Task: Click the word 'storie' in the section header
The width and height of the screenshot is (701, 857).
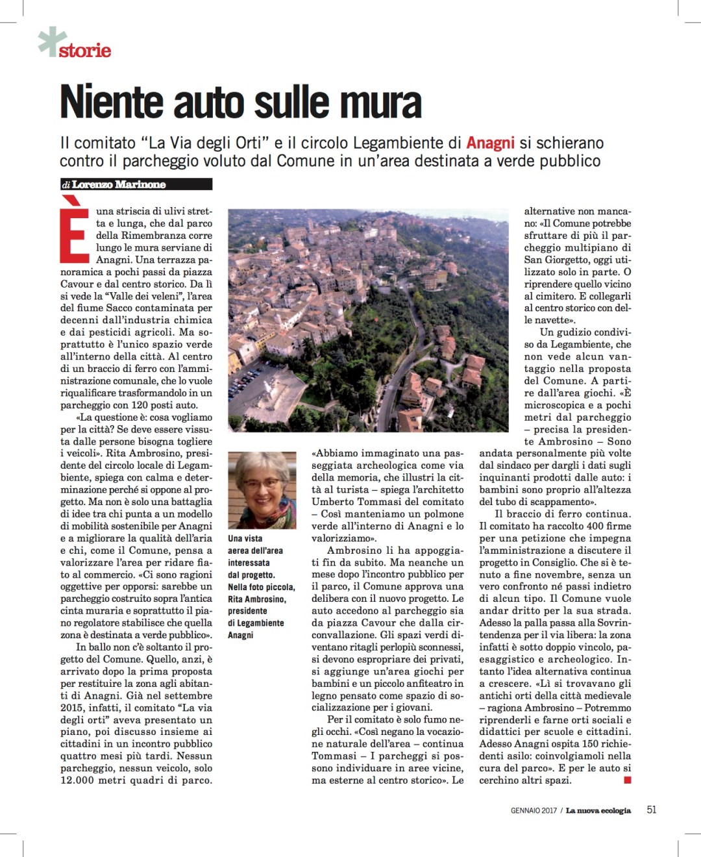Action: [85, 51]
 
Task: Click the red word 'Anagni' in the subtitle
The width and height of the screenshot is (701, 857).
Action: [490, 143]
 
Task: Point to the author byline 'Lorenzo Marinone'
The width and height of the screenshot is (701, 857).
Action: [119, 184]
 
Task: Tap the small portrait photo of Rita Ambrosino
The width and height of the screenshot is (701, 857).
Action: [262, 490]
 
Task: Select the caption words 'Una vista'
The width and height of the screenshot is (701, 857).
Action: [245, 538]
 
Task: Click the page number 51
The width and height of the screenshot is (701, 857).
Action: [651, 810]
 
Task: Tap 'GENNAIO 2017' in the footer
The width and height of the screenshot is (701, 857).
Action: [534, 810]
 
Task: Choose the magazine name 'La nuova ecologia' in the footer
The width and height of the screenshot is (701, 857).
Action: [598, 810]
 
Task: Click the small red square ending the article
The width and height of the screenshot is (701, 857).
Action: [628, 780]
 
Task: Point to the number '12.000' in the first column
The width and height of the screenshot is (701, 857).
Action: [77, 780]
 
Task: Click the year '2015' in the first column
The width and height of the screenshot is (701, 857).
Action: [71, 708]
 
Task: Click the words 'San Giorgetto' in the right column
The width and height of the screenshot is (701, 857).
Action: [557, 260]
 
